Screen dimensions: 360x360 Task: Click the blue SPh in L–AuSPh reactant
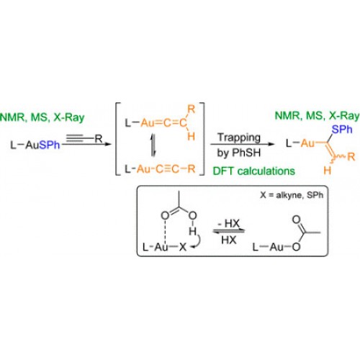[49, 145]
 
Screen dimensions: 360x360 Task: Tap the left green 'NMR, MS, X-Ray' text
[42, 117]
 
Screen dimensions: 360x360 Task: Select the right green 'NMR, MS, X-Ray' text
[317, 116]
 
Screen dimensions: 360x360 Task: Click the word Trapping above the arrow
[239, 138]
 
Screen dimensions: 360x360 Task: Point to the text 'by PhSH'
[239, 153]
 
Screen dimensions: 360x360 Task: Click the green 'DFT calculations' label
[254, 171]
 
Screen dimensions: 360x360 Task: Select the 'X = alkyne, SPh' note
[292, 195]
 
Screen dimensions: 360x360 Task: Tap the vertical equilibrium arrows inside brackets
[153, 145]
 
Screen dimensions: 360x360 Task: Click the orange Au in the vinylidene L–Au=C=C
[148, 122]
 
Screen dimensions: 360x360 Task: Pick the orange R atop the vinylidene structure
[192, 109]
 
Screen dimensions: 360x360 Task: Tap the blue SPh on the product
[342, 130]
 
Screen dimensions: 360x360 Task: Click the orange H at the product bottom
[327, 171]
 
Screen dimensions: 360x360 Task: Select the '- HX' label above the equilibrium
[228, 224]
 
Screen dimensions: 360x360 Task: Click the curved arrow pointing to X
[197, 240]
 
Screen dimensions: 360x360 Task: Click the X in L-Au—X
[183, 247]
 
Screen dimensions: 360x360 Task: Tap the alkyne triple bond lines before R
[74, 138]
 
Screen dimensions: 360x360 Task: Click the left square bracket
[117, 139]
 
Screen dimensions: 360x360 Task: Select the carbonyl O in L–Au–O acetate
[296, 220]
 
